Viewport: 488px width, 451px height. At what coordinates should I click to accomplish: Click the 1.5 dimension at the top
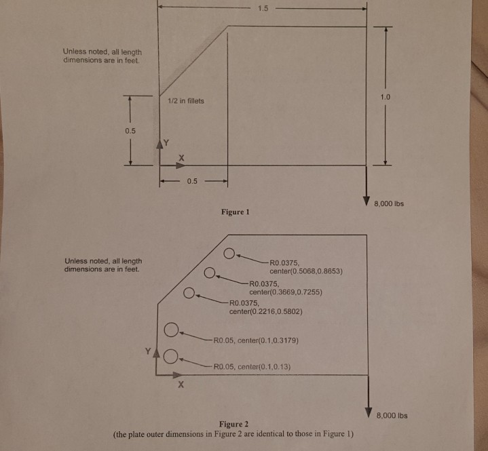point(263,9)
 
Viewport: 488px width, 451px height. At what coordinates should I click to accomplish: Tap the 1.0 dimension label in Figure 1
point(385,97)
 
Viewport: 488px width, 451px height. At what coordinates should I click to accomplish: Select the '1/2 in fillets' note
point(185,101)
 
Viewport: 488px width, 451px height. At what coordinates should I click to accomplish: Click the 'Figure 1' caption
point(236,212)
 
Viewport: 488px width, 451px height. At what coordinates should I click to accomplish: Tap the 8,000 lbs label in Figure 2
point(392,415)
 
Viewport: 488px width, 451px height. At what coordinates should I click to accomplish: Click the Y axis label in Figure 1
point(166,144)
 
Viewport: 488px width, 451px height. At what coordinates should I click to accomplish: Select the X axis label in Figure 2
point(181,387)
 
